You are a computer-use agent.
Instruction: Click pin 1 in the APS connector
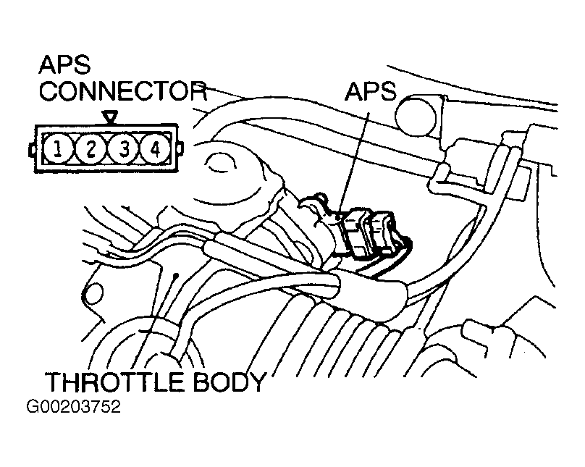(57, 149)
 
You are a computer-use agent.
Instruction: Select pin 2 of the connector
(91, 149)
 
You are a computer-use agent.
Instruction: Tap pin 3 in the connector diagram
(124, 149)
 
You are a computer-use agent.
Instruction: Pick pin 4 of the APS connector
(155, 149)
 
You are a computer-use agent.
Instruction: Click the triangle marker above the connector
(111, 117)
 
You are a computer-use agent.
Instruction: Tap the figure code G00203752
(74, 407)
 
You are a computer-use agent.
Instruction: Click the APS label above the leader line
(370, 91)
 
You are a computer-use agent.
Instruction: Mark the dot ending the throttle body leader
(176, 276)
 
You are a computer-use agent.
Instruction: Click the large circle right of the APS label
(416, 116)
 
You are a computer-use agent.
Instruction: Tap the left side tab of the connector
(32, 149)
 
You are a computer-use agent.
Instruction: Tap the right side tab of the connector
(180, 148)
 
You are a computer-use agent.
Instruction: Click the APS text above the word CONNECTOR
(64, 64)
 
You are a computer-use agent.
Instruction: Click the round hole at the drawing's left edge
(93, 293)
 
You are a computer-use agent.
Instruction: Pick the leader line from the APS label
(354, 164)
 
